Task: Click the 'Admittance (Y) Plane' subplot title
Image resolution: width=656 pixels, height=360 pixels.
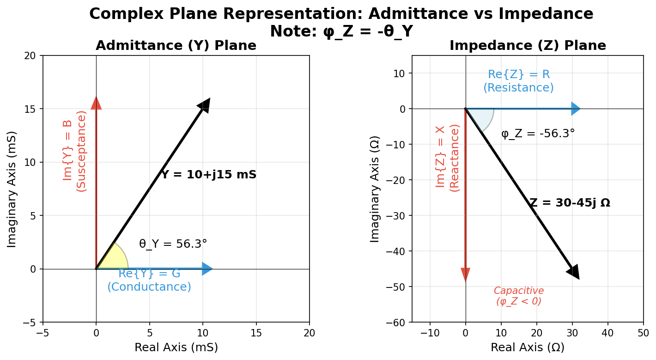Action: pos(176,46)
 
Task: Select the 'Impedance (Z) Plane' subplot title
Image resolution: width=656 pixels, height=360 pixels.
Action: pos(528,46)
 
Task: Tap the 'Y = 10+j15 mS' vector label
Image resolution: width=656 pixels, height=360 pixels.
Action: pos(208,175)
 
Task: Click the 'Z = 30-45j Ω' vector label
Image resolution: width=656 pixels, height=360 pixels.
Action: pos(570,203)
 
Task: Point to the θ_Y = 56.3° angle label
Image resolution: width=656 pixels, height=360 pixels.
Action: pos(173,244)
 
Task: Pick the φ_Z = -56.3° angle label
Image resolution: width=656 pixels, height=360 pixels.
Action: pos(538,134)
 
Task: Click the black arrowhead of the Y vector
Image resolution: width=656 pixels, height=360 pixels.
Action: pos(204,105)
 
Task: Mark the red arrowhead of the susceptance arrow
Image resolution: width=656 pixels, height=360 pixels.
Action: pos(96,103)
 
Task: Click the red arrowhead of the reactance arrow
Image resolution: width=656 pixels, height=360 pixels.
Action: pos(465,274)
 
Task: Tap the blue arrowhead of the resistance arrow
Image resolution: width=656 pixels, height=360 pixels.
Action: pos(575,109)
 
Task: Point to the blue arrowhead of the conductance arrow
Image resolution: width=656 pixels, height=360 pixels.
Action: pos(207,268)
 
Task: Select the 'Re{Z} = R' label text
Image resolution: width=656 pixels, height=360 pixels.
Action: pos(518,75)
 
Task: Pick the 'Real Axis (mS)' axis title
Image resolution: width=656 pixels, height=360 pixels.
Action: pos(176,347)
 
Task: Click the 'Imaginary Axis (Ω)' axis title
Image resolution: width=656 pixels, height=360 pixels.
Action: pos(375,189)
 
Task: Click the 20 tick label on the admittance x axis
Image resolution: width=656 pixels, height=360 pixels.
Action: pos(309,333)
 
